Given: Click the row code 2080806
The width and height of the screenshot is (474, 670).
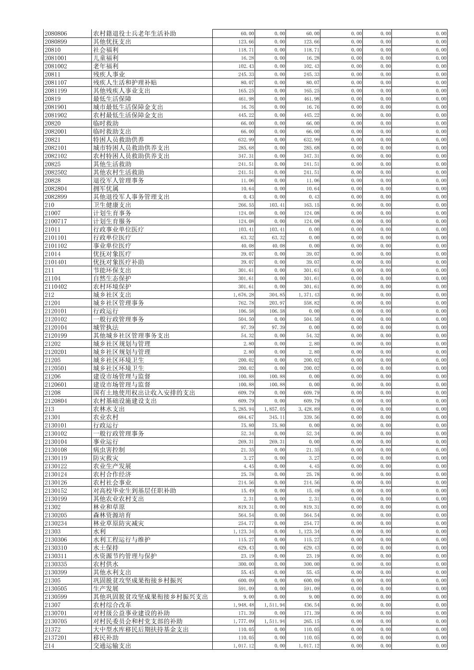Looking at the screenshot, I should pos(56,33).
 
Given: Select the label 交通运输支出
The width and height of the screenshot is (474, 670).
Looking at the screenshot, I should pos(112,646).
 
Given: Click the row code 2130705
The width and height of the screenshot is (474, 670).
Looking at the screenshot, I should pos(56,622).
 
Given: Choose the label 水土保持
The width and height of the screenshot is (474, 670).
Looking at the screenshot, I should pos(105,548).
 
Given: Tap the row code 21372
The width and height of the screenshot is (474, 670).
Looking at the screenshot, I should pos(53,629).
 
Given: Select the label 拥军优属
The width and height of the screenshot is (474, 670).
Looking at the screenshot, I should pos(105,189).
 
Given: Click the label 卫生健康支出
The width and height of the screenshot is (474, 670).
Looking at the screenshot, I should pos(112,205).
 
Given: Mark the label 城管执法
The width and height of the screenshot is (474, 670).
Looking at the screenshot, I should pos(105,328).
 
